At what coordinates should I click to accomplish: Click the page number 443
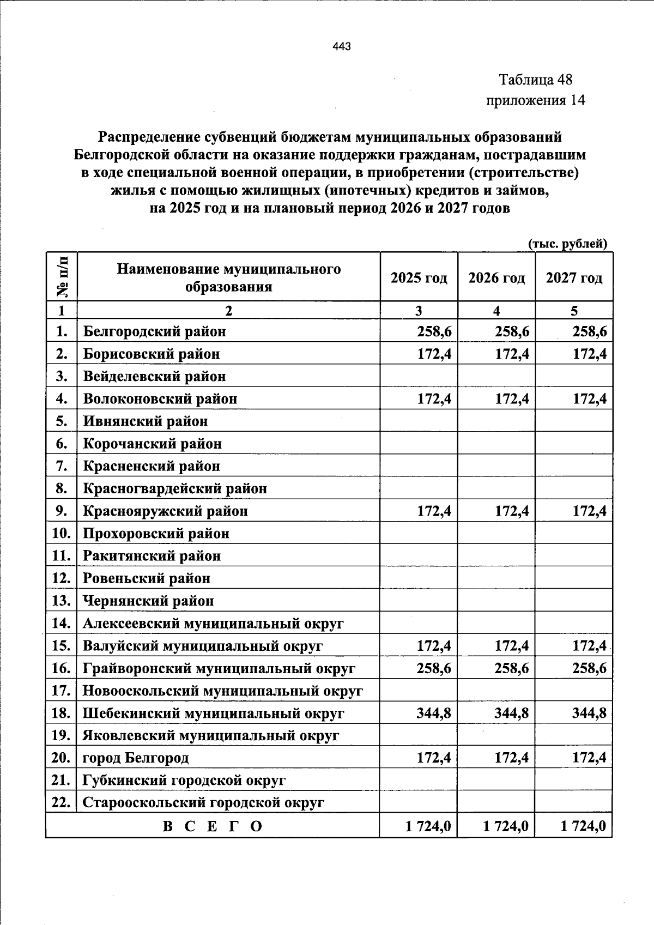point(341,46)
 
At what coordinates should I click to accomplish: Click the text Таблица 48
point(536,80)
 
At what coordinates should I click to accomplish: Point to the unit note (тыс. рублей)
point(567,244)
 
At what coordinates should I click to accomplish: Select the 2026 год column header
point(496,278)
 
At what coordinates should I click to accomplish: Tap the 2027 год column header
point(574,278)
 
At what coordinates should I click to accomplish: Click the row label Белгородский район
point(154,331)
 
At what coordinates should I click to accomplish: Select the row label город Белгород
point(136,758)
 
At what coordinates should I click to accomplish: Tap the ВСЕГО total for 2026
point(505,826)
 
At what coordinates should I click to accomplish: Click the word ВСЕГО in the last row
point(213,826)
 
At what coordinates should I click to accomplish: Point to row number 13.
point(62,601)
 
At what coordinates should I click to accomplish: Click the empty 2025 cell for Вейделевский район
point(419,376)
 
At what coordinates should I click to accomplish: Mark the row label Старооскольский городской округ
point(203,803)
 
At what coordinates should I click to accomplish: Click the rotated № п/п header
point(62,276)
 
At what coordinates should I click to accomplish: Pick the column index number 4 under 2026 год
point(496,311)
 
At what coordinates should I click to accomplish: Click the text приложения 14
point(535,100)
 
